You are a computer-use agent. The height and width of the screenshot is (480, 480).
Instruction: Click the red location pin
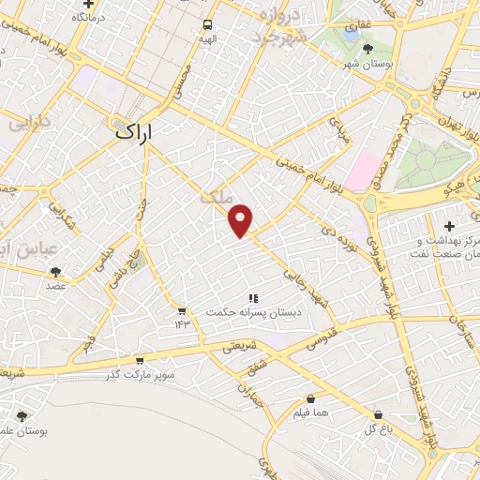(242, 221)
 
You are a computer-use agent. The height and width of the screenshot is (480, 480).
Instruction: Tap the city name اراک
(138, 132)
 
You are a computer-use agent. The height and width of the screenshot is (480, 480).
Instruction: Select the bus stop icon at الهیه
(207, 25)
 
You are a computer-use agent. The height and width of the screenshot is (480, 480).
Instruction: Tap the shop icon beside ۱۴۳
(181, 310)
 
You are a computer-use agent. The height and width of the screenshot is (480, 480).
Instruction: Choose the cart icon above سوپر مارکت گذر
(140, 360)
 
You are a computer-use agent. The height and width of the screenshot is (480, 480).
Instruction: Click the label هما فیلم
(309, 412)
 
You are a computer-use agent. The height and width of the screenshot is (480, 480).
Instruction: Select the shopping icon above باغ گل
(377, 413)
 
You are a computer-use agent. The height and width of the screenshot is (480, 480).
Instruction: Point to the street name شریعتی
(238, 347)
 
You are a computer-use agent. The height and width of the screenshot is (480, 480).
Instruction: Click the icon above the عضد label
(55, 272)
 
